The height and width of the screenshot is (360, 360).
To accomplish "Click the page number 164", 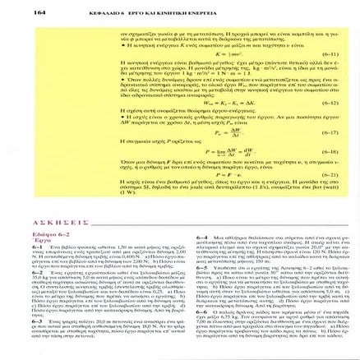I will pos(38,12).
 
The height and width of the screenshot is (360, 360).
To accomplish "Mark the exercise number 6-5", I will pos(201,267).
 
